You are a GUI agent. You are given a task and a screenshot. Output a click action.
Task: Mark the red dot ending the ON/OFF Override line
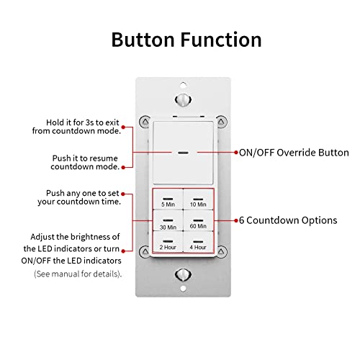pyautogui.click(x=236, y=153)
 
